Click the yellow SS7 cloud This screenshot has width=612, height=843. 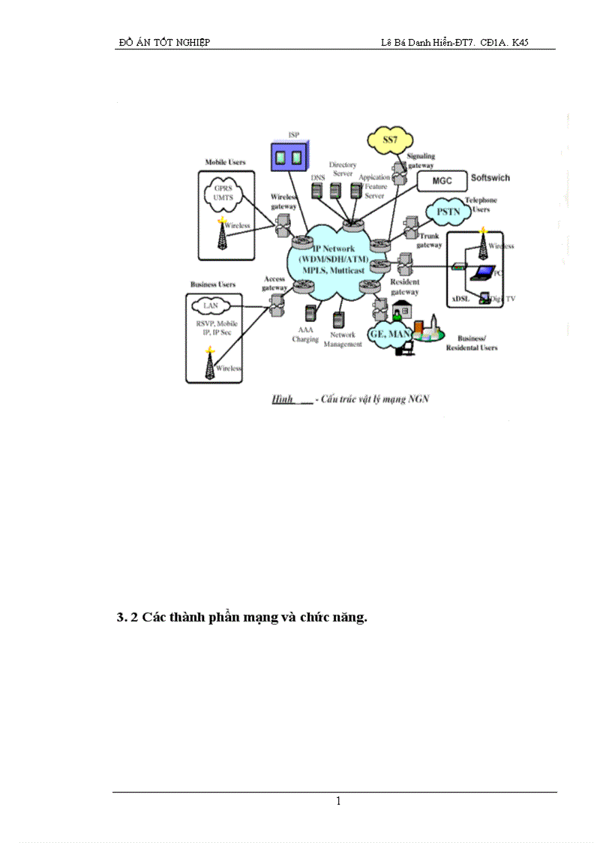pos(391,140)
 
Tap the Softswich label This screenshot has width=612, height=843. pos(490,178)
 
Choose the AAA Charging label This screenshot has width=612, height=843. pos(305,335)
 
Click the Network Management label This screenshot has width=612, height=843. pos(343,339)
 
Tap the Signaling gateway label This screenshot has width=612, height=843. pos(421,161)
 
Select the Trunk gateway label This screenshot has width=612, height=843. pos(429,240)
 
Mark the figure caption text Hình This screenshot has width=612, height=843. pos(282,399)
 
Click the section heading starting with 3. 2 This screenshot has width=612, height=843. pos(241,619)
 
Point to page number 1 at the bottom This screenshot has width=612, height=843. pos(338,801)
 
